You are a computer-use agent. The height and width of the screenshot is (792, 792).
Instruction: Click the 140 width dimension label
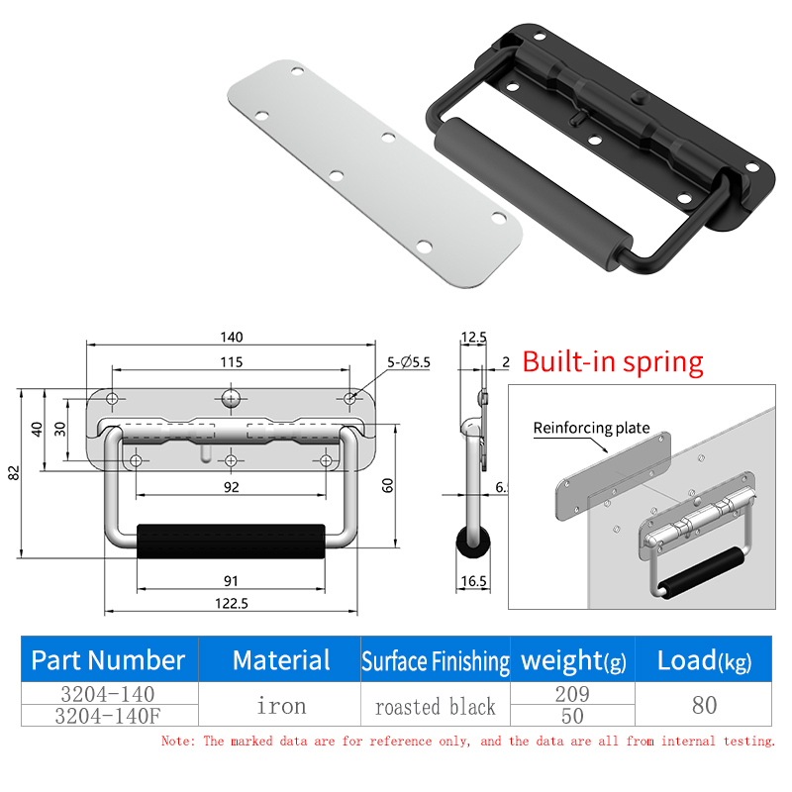pos(232,337)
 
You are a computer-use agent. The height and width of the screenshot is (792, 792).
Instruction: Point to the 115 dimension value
pos(232,362)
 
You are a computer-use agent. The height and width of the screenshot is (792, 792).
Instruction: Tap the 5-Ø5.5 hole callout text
pos(409,362)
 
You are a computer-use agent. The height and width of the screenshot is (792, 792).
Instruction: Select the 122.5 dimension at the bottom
pos(232,604)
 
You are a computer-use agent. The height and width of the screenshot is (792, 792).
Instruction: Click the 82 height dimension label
pos(14,473)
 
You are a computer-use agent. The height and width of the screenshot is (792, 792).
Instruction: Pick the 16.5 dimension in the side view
pos(473,581)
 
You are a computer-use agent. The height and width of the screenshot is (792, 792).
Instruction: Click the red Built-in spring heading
pos(613,362)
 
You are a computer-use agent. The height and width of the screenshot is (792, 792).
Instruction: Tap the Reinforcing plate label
pos(591,428)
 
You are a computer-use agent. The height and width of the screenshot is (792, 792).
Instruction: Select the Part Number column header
pos(108,659)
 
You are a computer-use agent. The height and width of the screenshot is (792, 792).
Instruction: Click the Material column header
pos(281,659)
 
